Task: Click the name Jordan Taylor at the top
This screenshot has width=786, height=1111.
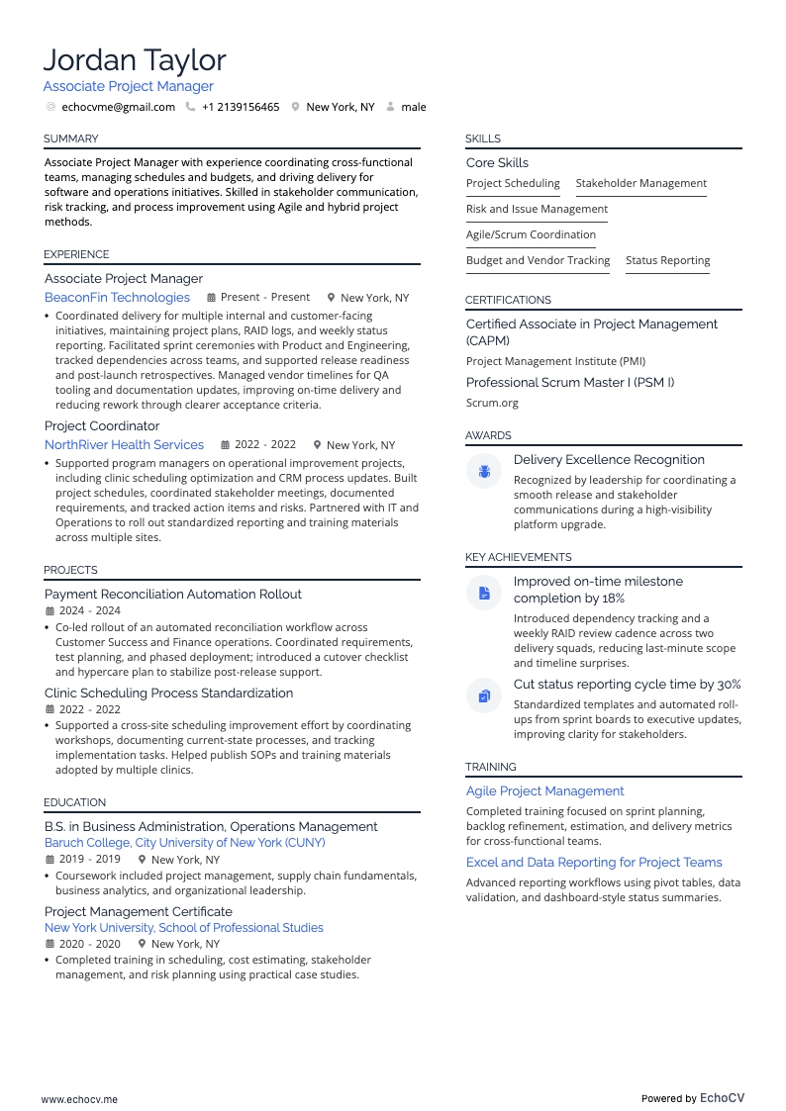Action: pos(135,60)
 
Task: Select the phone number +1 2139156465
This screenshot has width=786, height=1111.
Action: pos(241,107)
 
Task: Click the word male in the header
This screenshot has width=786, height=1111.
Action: pos(414,107)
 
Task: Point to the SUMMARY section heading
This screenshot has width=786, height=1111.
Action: pos(70,139)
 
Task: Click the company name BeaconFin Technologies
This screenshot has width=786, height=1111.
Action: pos(117,298)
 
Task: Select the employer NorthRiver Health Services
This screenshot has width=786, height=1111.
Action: pos(124,445)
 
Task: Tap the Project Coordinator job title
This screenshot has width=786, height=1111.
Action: pos(102,426)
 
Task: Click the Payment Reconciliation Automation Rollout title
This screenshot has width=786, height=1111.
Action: pos(173,595)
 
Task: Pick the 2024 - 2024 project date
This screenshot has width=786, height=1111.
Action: pos(89,611)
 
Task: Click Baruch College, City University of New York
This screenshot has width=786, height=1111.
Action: pos(184,843)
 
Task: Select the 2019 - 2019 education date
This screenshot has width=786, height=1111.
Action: pos(89,860)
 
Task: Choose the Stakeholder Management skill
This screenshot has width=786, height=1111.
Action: pos(640,183)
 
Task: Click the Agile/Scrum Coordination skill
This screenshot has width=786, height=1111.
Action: pos(531,234)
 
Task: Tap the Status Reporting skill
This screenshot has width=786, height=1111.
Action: pos(667,260)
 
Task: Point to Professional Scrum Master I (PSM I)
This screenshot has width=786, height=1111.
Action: pos(570,383)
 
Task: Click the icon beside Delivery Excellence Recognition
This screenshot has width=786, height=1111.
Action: pos(484,472)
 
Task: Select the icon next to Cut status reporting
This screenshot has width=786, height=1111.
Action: pos(484,696)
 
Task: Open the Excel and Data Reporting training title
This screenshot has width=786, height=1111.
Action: pos(594,863)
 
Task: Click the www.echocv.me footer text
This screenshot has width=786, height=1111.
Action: pos(79,1099)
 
